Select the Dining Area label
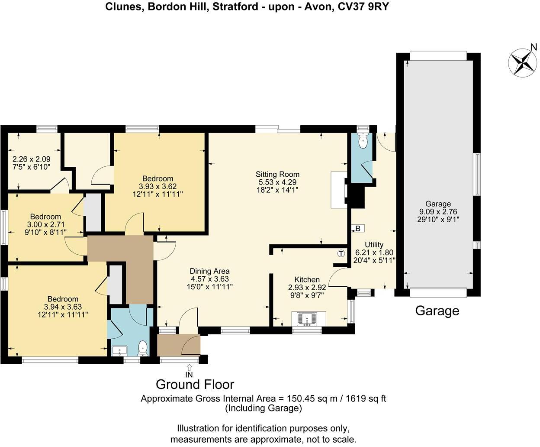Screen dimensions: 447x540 coord(210,272)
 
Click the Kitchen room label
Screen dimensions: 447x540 coord(307,279)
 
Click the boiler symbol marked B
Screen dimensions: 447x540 coord(358,228)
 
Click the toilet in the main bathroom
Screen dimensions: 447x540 coord(142,348)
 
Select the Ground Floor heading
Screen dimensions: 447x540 coord(195,384)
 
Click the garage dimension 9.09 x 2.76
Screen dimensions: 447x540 coord(438,212)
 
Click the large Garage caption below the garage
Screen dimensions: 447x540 coord(437,311)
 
